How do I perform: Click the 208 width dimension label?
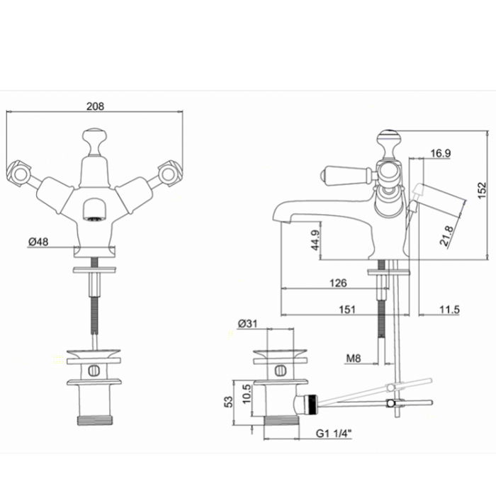95,106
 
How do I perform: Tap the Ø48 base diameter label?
38,242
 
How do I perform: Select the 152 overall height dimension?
482,190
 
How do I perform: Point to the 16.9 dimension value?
441,153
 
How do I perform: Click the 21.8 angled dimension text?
447,235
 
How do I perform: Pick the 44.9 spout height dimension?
316,240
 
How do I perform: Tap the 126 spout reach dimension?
338,283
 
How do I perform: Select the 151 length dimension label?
347,309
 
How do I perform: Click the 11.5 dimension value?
449,309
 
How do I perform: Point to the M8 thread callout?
354,359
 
